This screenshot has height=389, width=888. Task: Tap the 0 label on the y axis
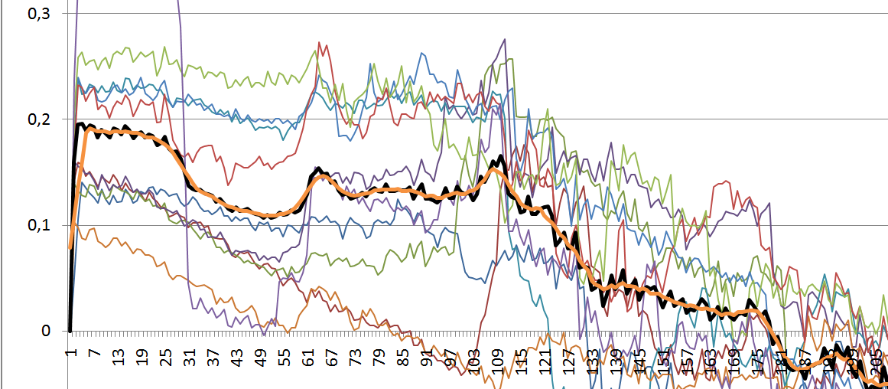(x=46, y=331)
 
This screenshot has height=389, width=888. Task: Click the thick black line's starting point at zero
(x=70, y=330)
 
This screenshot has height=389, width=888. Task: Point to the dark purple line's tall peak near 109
(x=505, y=39)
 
